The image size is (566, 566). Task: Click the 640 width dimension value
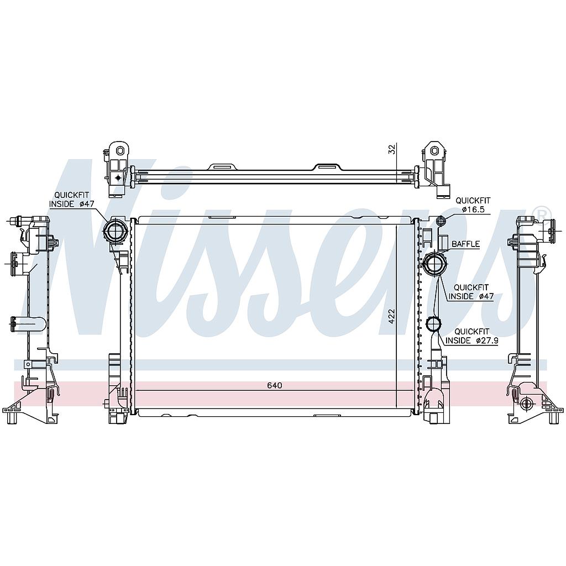[274, 385]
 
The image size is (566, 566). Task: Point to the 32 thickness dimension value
[392, 149]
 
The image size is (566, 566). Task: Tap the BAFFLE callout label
[465, 244]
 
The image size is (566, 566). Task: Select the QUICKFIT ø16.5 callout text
[472, 205]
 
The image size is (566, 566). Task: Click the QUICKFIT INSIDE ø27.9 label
[471, 336]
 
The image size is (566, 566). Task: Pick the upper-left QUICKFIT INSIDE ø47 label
[72, 200]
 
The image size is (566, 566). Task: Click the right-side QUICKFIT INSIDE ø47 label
[471, 292]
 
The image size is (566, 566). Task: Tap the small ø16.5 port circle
[441, 222]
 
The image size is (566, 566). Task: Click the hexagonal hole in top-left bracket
[120, 150]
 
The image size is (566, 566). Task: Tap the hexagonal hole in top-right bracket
[434, 150]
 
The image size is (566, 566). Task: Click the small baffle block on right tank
[443, 243]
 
